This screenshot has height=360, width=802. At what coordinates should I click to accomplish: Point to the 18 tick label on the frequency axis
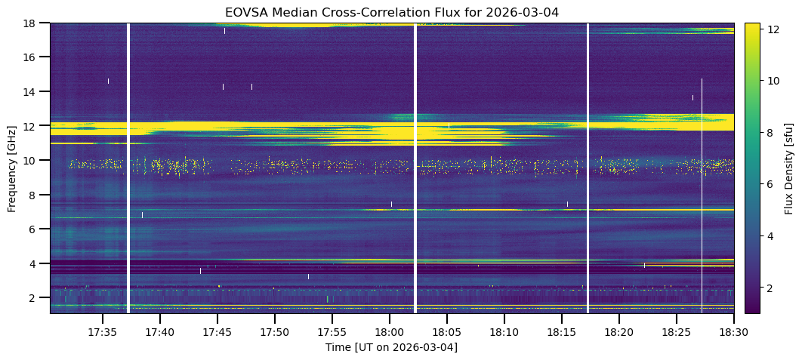[x=35, y=23]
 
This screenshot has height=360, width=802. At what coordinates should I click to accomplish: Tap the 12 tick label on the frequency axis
[x=35, y=126]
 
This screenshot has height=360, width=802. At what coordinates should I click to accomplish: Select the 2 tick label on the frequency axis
[x=38, y=298]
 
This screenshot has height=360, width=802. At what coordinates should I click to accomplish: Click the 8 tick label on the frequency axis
[x=38, y=195]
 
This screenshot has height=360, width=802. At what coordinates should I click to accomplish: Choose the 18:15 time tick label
[x=561, y=332]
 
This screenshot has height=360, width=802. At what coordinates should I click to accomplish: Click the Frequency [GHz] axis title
[x=12, y=168]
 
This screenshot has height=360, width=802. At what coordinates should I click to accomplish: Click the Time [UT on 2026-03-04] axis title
[x=391, y=347]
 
